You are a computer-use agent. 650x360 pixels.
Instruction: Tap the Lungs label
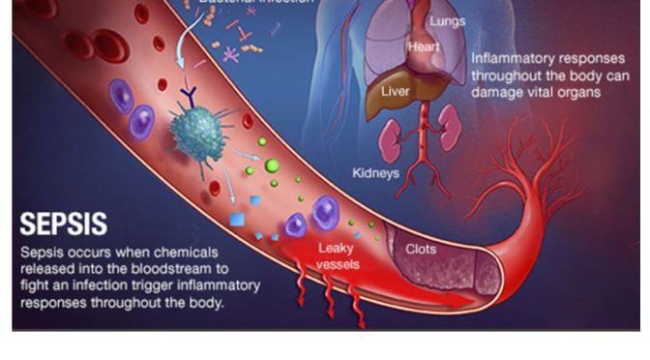(x=447, y=21)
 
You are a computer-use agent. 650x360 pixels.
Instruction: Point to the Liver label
(x=394, y=91)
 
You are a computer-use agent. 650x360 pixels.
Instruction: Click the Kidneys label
(x=376, y=174)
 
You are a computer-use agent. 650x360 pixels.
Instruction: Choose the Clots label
(x=421, y=249)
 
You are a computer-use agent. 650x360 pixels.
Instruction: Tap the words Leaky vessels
(x=338, y=255)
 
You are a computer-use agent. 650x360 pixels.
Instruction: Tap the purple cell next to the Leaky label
(x=324, y=213)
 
